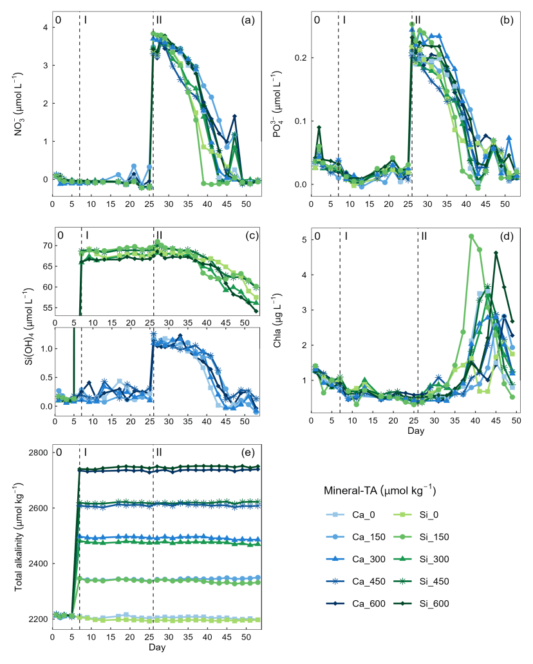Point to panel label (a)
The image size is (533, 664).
(x=248, y=20)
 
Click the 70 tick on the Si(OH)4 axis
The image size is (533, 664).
(x=43, y=246)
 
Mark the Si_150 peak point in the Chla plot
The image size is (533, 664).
(x=471, y=236)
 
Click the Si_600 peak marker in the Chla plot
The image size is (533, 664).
(x=496, y=253)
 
